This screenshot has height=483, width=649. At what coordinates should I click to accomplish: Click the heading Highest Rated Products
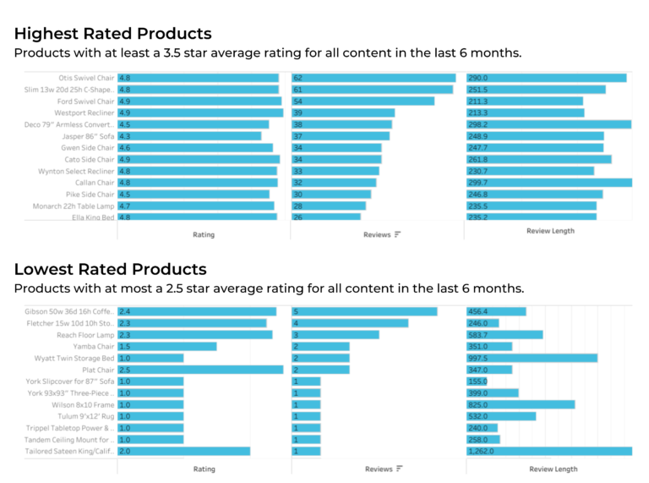coord(112,34)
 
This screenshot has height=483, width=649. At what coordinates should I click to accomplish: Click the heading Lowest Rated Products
coord(110,269)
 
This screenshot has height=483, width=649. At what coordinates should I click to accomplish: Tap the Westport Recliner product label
coord(85,113)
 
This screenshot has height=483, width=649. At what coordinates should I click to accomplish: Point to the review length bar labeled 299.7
coord(548,183)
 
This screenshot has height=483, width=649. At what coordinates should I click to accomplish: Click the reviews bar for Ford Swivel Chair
coord(363,102)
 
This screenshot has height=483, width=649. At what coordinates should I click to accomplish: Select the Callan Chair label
coord(94,183)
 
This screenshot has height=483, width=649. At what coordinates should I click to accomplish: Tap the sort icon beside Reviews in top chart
coord(398,234)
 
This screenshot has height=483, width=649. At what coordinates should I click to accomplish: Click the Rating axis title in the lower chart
coord(204,469)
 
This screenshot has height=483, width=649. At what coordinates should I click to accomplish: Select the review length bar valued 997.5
coord(532,358)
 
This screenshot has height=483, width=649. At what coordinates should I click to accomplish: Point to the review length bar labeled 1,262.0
coord(548,451)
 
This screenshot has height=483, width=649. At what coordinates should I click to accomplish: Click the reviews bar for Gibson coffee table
coord(364,311)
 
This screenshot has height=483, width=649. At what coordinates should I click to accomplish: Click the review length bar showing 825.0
coord(520,404)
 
